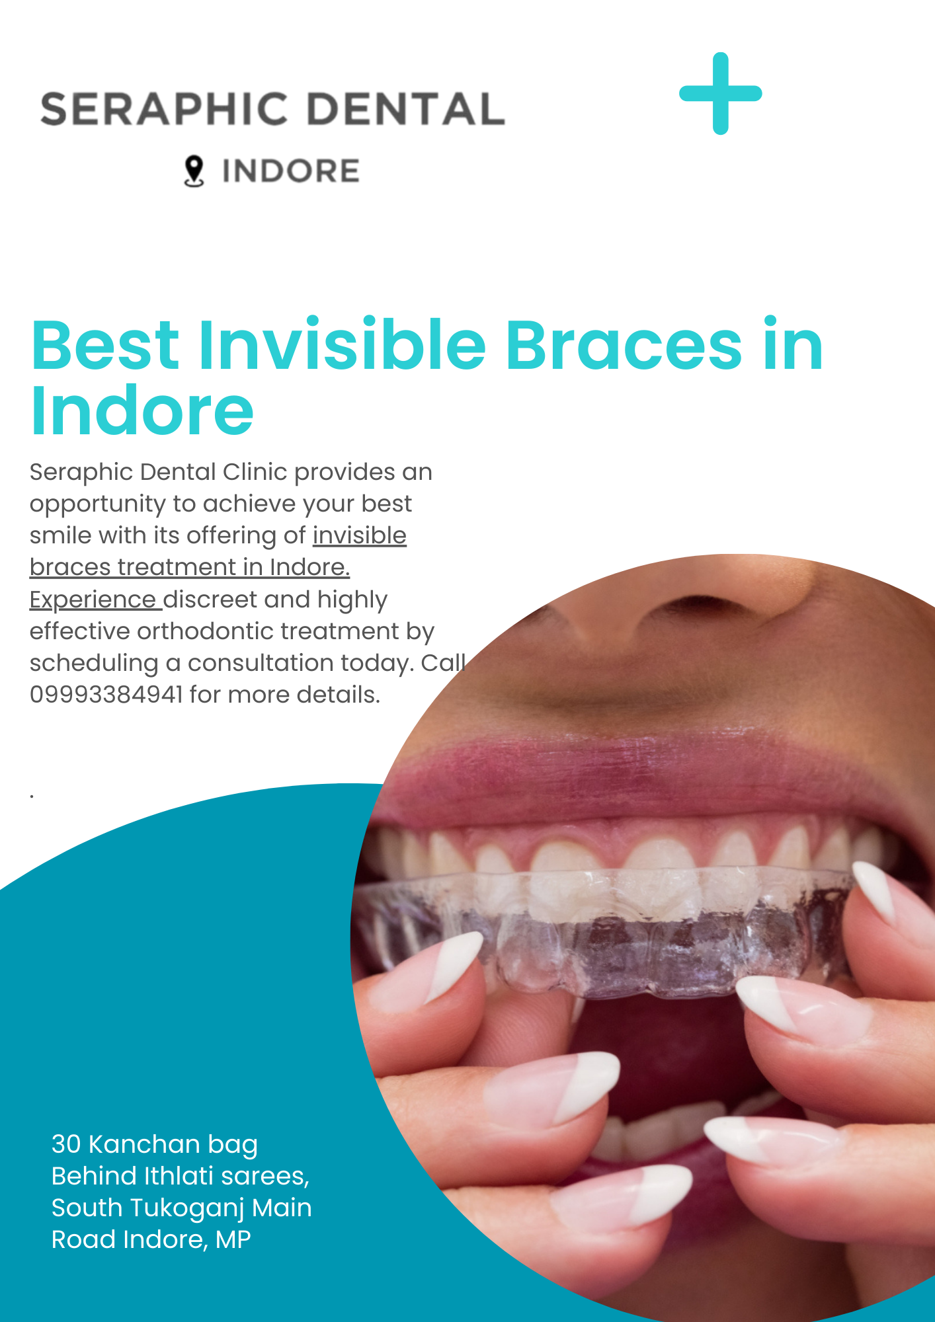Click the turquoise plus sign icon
721,93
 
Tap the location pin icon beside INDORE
194,171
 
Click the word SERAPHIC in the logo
164,109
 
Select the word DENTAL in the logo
406,109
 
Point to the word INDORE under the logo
291,171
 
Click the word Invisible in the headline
343,344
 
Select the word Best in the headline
105,344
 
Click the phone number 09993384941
106,695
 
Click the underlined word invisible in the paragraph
360,535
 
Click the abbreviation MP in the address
233,1240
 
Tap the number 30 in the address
66,1144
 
